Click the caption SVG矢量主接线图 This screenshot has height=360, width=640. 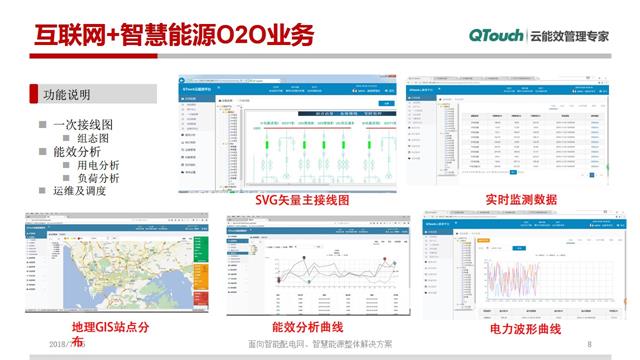(x=302, y=200)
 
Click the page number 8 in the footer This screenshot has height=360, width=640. (x=590, y=344)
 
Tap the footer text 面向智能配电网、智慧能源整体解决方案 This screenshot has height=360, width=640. (x=327, y=344)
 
